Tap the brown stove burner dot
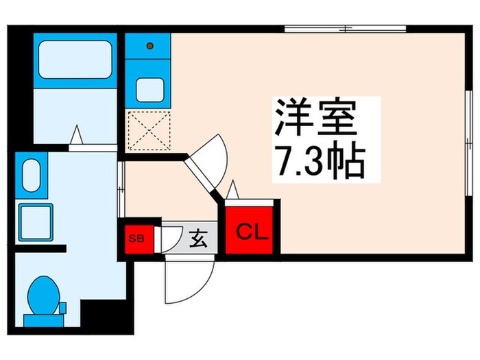click(x=149, y=47)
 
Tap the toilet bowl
click(x=43, y=293)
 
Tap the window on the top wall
click(x=346, y=29)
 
